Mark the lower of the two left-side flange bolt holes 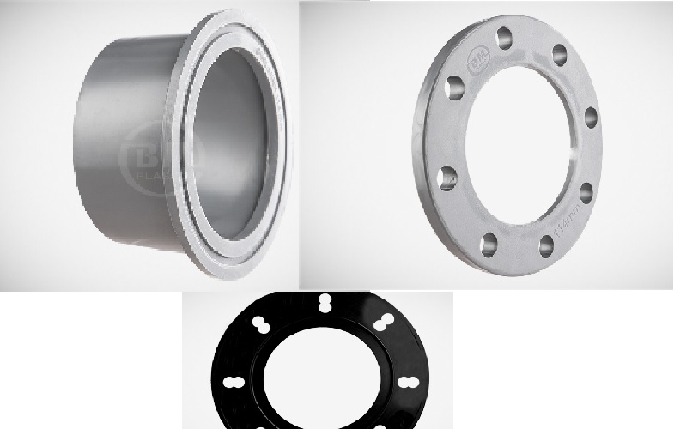click(448, 178)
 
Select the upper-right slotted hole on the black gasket click(382, 324)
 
